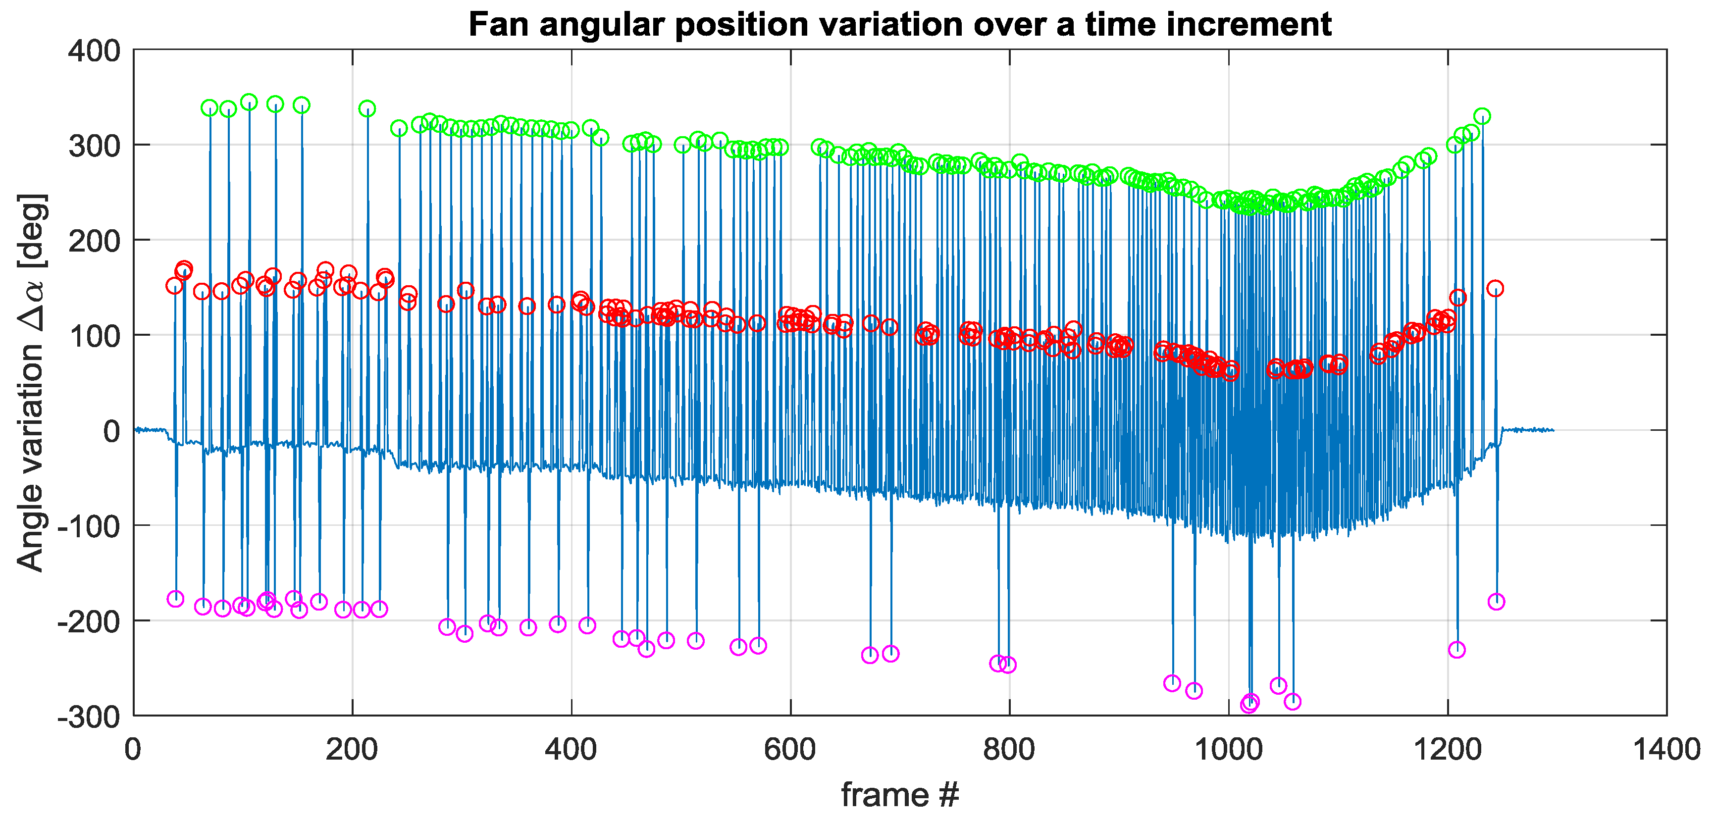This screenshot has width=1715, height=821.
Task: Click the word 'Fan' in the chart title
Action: (x=498, y=25)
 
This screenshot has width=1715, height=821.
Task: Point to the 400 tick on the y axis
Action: (x=95, y=51)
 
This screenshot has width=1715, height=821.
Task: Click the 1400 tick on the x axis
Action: (x=1666, y=750)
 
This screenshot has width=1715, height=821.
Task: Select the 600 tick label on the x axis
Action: (x=790, y=750)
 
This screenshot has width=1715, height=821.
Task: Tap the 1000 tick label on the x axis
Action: (x=1228, y=750)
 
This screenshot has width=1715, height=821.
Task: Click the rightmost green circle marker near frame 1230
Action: (x=1481, y=116)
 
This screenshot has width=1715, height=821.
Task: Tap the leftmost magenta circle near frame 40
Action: (x=175, y=599)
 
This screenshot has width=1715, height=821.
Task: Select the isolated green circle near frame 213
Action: (x=367, y=108)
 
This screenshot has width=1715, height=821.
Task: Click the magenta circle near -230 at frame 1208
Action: (x=1456, y=650)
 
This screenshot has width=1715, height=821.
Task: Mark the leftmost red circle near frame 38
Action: (x=174, y=286)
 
